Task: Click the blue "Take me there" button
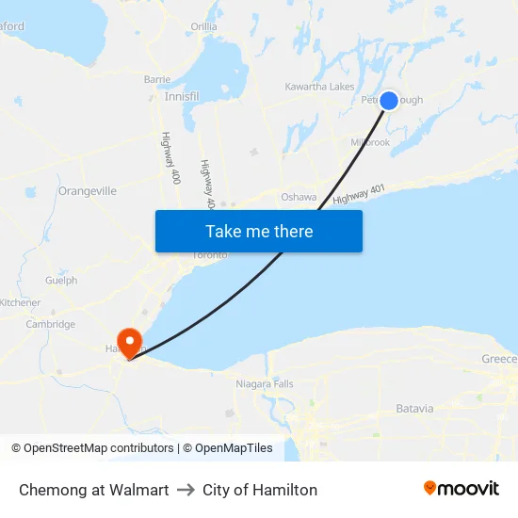[259, 232]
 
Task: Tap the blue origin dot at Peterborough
[388, 101]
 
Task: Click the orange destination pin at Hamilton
[127, 341]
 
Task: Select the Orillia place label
[203, 26]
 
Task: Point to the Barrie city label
[157, 80]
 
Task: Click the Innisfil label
[182, 96]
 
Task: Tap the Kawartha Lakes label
[319, 87]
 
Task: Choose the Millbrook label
[369, 142]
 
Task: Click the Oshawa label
[299, 197]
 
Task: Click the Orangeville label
[88, 190]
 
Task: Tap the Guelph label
[61, 281]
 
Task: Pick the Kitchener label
[20, 303]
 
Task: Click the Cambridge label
[51, 325]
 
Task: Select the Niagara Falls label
[265, 384]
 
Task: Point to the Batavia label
[414, 409]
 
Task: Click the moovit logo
[461, 489]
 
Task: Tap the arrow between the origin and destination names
[186, 490]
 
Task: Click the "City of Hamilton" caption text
[260, 490]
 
